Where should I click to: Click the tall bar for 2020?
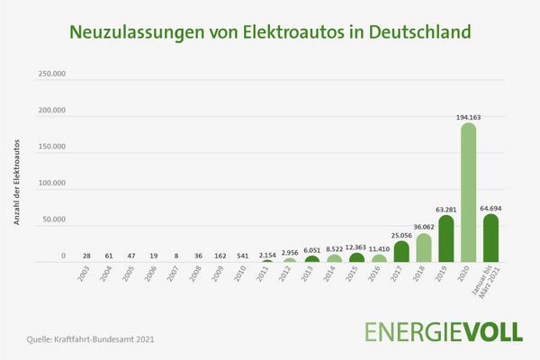[x=468, y=193]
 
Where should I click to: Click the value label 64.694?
[x=491, y=207]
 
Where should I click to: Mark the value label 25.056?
[x=401, y=235]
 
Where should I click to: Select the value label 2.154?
[x=267, y=256]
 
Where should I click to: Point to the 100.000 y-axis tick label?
[x=51, y=184]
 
